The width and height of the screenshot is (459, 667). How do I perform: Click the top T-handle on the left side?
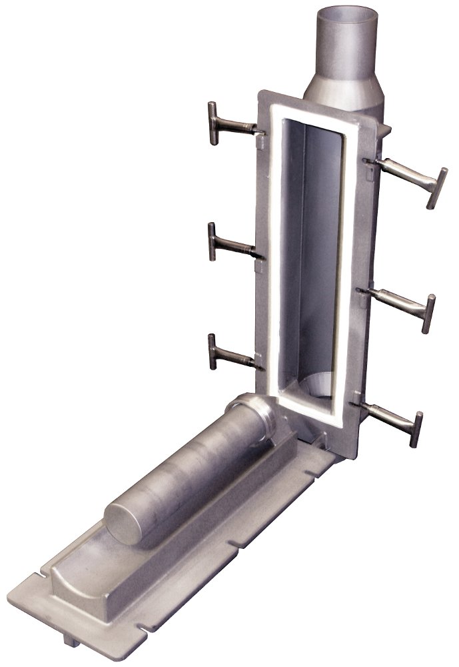[230, 125]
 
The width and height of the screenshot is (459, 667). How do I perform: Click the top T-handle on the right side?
[406, 175]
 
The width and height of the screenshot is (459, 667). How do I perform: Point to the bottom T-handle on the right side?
[390, 417]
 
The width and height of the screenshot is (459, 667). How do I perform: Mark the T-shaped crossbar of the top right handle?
[436, 188]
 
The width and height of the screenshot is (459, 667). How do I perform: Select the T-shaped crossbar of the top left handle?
[212, 123]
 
